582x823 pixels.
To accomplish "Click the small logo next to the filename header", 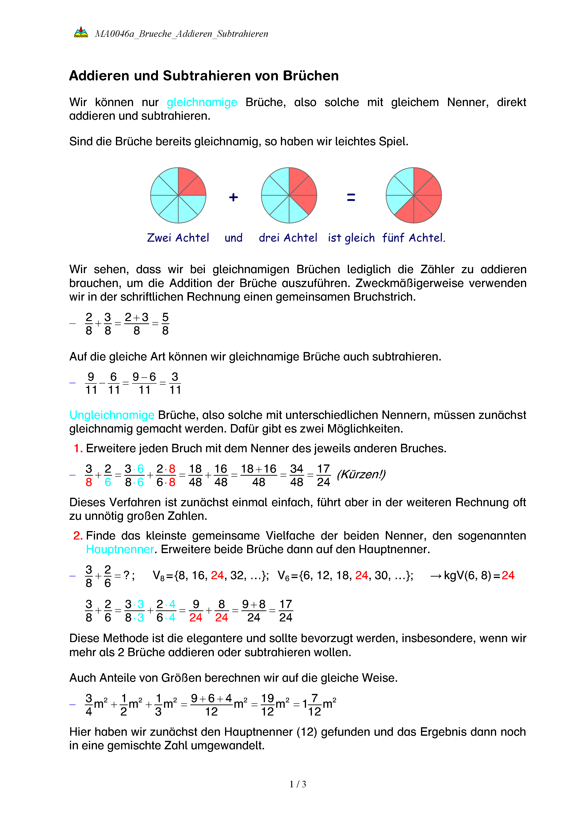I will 81,32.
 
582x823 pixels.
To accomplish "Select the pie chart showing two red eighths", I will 178,195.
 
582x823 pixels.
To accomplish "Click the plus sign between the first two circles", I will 233,197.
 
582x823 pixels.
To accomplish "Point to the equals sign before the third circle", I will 351,197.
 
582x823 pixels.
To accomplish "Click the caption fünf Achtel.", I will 414,238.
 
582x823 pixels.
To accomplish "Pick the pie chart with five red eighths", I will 414,195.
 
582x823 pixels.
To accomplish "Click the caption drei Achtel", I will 288,238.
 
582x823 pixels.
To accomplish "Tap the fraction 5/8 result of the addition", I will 165,324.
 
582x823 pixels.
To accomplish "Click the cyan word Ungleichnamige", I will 112,415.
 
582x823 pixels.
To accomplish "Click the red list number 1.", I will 78,448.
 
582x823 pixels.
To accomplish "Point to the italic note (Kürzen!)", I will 361,474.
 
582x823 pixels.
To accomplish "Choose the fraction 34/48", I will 296,475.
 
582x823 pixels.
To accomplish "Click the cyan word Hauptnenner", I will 120,550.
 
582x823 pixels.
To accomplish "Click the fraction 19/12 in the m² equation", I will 267,705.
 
